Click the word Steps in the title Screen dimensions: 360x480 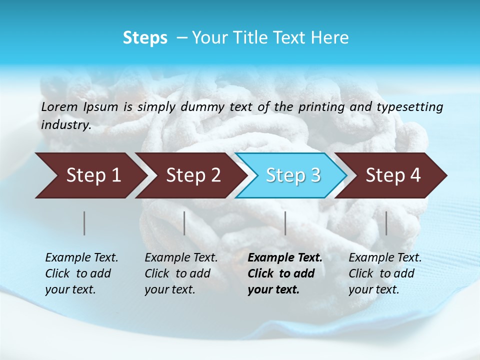point(145,38)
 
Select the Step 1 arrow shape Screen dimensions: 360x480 point(90,175)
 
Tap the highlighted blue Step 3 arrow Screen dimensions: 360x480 point(292,175)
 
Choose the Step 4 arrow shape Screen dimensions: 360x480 point(393,175)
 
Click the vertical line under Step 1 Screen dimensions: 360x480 point(84,223)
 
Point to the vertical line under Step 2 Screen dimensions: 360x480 point(184,223)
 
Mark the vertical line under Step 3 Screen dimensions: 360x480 point(285,223)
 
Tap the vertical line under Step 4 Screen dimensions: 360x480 point(386,223)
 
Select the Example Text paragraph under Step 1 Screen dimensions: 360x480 point(81,273)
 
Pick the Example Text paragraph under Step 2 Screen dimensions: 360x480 point(181,273)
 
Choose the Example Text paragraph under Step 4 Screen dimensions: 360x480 point(385,273)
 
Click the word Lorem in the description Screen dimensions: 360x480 point(60,106)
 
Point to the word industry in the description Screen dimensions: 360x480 point(65,125)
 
